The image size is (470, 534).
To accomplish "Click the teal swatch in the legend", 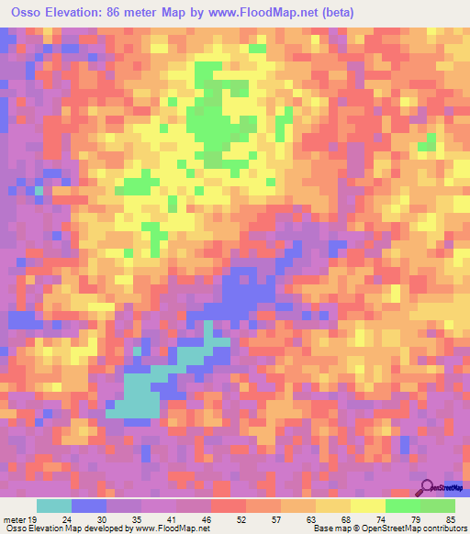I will pyautogui.click(x=54, y=506).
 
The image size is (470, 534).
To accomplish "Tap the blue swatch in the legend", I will pyautogui.click(x=89, y=506).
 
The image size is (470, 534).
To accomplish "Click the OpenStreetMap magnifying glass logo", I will pyautogui.click(x=428, y=489).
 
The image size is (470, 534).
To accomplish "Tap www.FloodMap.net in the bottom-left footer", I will pyautogui.click(x=173, y=528).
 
